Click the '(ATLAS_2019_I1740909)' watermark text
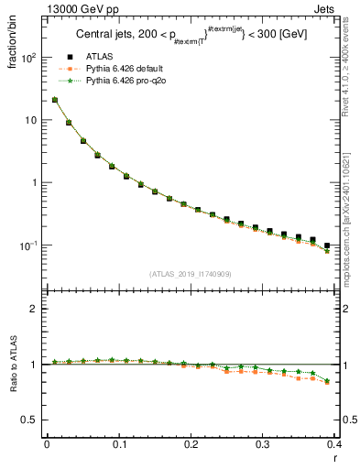[190, 273]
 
